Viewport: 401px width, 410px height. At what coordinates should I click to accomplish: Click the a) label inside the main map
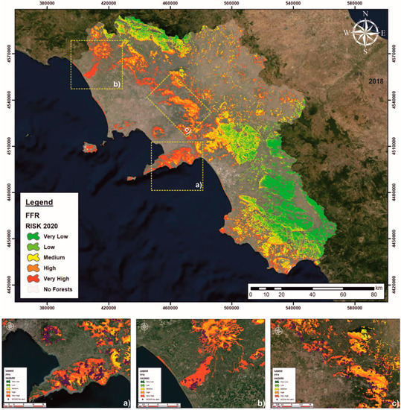coord(197,183)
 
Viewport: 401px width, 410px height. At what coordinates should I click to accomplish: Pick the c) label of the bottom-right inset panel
coord(390,403)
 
